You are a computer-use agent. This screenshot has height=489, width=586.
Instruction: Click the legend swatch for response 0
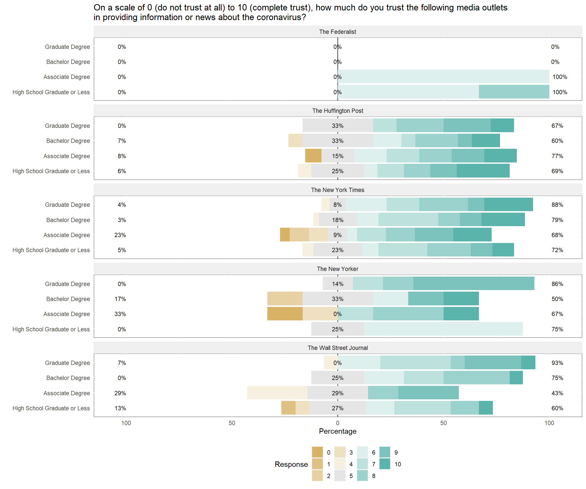[x=317, y=452]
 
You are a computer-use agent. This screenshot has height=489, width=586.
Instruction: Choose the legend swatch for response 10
[x=385, y=464]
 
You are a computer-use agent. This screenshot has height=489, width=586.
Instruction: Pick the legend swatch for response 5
[x=340, y=476]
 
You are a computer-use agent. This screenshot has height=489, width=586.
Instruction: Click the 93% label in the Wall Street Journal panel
[x=557, y=363]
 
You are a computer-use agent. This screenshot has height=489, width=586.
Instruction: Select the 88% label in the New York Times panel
[x=557, y=205]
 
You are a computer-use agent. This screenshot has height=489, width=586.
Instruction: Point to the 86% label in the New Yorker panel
[x=557, y=284]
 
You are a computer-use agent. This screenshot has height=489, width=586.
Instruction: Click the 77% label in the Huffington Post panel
[x=557, y=156]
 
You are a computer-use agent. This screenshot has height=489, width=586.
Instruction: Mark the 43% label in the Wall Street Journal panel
[x=557, y=393]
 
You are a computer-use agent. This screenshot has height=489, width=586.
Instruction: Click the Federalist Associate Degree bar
[x=443, y=77]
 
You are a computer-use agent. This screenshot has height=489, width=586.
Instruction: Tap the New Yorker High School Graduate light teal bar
[x=443, y=329]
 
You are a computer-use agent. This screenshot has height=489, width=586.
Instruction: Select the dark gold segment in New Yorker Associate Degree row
[x=285, y=314]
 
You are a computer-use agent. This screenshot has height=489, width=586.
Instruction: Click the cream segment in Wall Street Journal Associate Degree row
[x=277, y=393]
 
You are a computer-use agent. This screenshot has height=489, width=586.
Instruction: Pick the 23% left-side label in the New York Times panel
[x=120, y=235]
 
